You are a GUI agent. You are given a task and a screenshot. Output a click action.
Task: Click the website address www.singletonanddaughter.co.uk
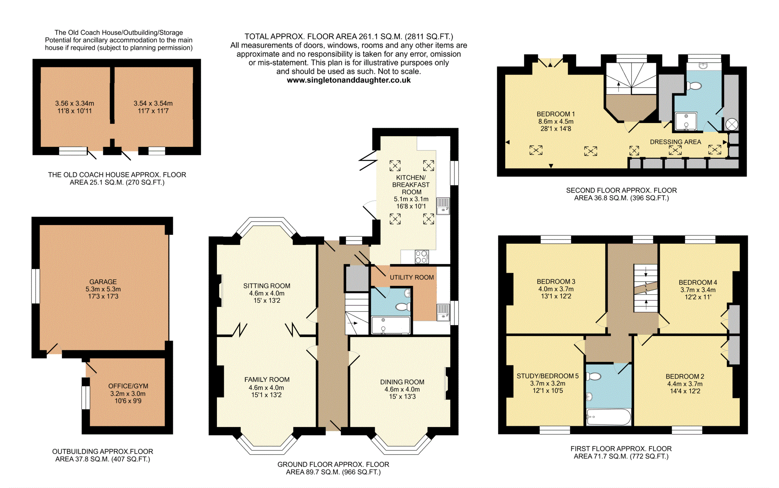pos(348,80)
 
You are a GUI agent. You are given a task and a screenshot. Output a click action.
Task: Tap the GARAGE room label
pos(103,282)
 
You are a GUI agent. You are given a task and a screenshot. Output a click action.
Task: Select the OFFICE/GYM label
pos(128,386)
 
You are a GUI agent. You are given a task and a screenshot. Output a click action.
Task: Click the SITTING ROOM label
pos(267,286)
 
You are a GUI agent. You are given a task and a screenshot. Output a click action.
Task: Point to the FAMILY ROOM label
pos(267,380)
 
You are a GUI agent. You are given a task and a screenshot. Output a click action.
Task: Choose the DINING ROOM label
pos(402,382)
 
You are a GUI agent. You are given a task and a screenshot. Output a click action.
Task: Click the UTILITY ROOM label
pos(412,277)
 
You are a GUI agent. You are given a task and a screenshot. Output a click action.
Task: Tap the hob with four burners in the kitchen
pos(421,257)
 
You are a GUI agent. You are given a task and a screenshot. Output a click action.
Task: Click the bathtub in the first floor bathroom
pos(609,417)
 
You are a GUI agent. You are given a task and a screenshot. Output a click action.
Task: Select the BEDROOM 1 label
pos(556,114)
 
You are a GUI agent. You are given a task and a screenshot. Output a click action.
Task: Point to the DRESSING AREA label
pos(675,142)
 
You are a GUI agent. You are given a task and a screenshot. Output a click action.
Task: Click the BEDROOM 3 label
pos(556,282)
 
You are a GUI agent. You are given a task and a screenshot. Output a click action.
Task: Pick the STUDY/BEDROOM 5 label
pos(547,376)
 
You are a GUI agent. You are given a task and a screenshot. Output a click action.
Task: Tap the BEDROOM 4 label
pos(698,282)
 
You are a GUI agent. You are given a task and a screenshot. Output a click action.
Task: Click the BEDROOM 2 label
pos(685,376)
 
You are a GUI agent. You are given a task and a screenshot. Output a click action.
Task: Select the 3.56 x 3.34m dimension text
pos(75,104)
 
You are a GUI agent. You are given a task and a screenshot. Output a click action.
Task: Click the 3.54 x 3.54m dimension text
pos(153,104)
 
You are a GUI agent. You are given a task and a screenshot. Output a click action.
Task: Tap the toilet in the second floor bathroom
pos(694,86)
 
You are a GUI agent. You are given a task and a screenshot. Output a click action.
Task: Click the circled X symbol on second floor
pos(732,124)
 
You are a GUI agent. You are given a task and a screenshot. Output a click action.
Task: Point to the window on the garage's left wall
pos(35,286)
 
